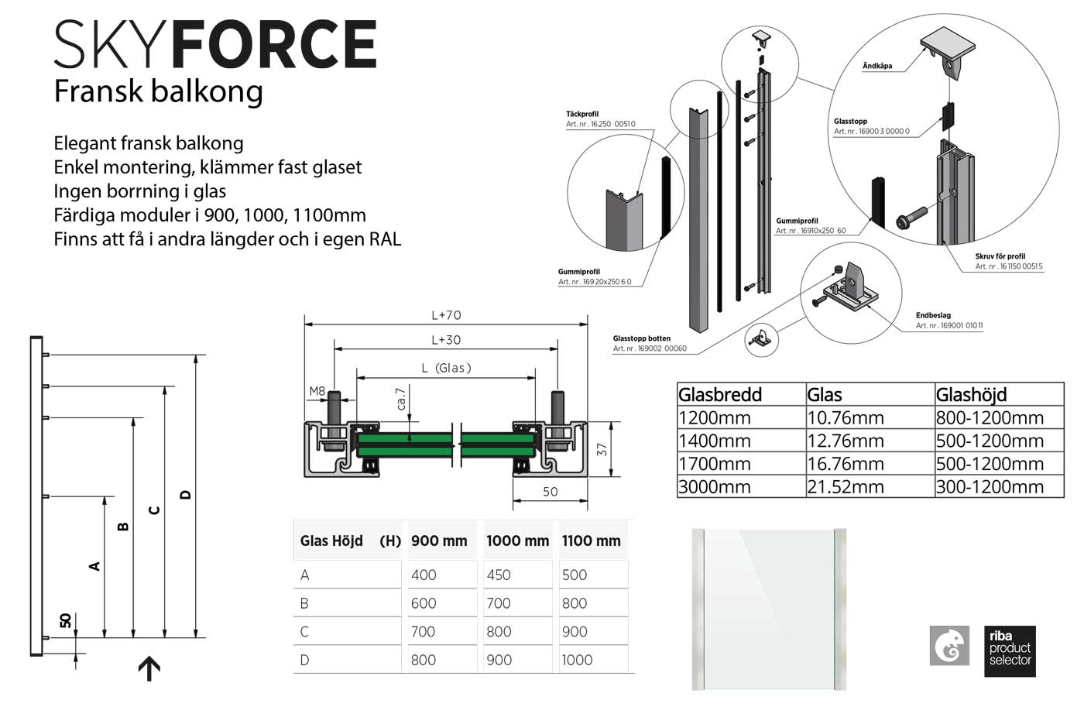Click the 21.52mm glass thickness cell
tap(846, 486)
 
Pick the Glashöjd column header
tap(971, 394)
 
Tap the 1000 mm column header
tap(517, 541)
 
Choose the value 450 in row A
tap(499, 575)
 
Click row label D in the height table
tap(304, 660)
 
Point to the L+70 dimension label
tap(446, 315)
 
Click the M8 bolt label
tap(317, 391)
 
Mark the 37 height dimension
tap(602, 448)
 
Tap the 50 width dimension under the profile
tap(550, 492)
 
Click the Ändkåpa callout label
tap(877, 66)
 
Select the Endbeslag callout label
tap(933, 315)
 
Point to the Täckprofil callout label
tap(582, 114)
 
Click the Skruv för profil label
tap(1000, 256)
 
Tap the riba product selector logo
tap(1010, 650)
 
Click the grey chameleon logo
tap(949, 645)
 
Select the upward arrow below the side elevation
tap(149, 668)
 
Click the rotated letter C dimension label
tap(154, 510)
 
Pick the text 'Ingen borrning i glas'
tap(140, 191)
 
